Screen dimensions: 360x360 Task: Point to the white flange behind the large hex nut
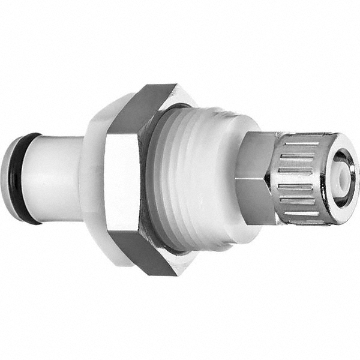coord(93,180)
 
